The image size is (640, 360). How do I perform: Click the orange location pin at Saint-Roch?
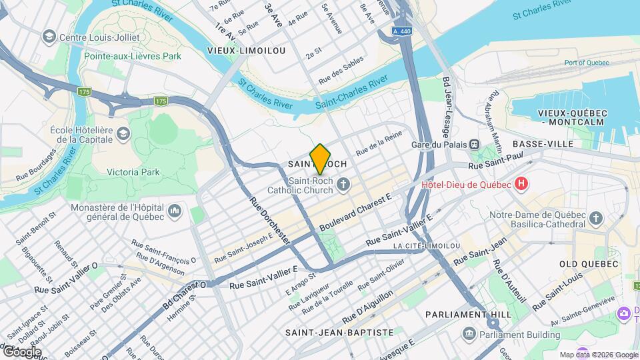pos(320,159)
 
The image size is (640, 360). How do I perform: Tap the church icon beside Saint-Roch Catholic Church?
pos(343,185)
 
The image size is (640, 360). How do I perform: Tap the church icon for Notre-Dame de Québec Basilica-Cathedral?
pos(596,218)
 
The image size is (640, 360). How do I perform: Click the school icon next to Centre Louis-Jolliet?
pos(49,37)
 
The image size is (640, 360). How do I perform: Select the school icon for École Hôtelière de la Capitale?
pos(123,135)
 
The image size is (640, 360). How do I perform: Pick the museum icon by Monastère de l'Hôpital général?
pos(175,211)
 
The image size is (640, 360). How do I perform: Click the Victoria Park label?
pos(133,172)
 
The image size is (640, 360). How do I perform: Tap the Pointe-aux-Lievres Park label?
pos(133,56)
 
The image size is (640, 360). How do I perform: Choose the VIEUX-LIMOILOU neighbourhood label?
pos(246,51)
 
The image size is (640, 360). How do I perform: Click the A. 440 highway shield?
pos(402,31)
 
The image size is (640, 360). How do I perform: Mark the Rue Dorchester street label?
pos(269,219)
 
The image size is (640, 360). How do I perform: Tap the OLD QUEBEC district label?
pos(590,264)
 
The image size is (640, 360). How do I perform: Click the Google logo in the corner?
pos(21,351)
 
